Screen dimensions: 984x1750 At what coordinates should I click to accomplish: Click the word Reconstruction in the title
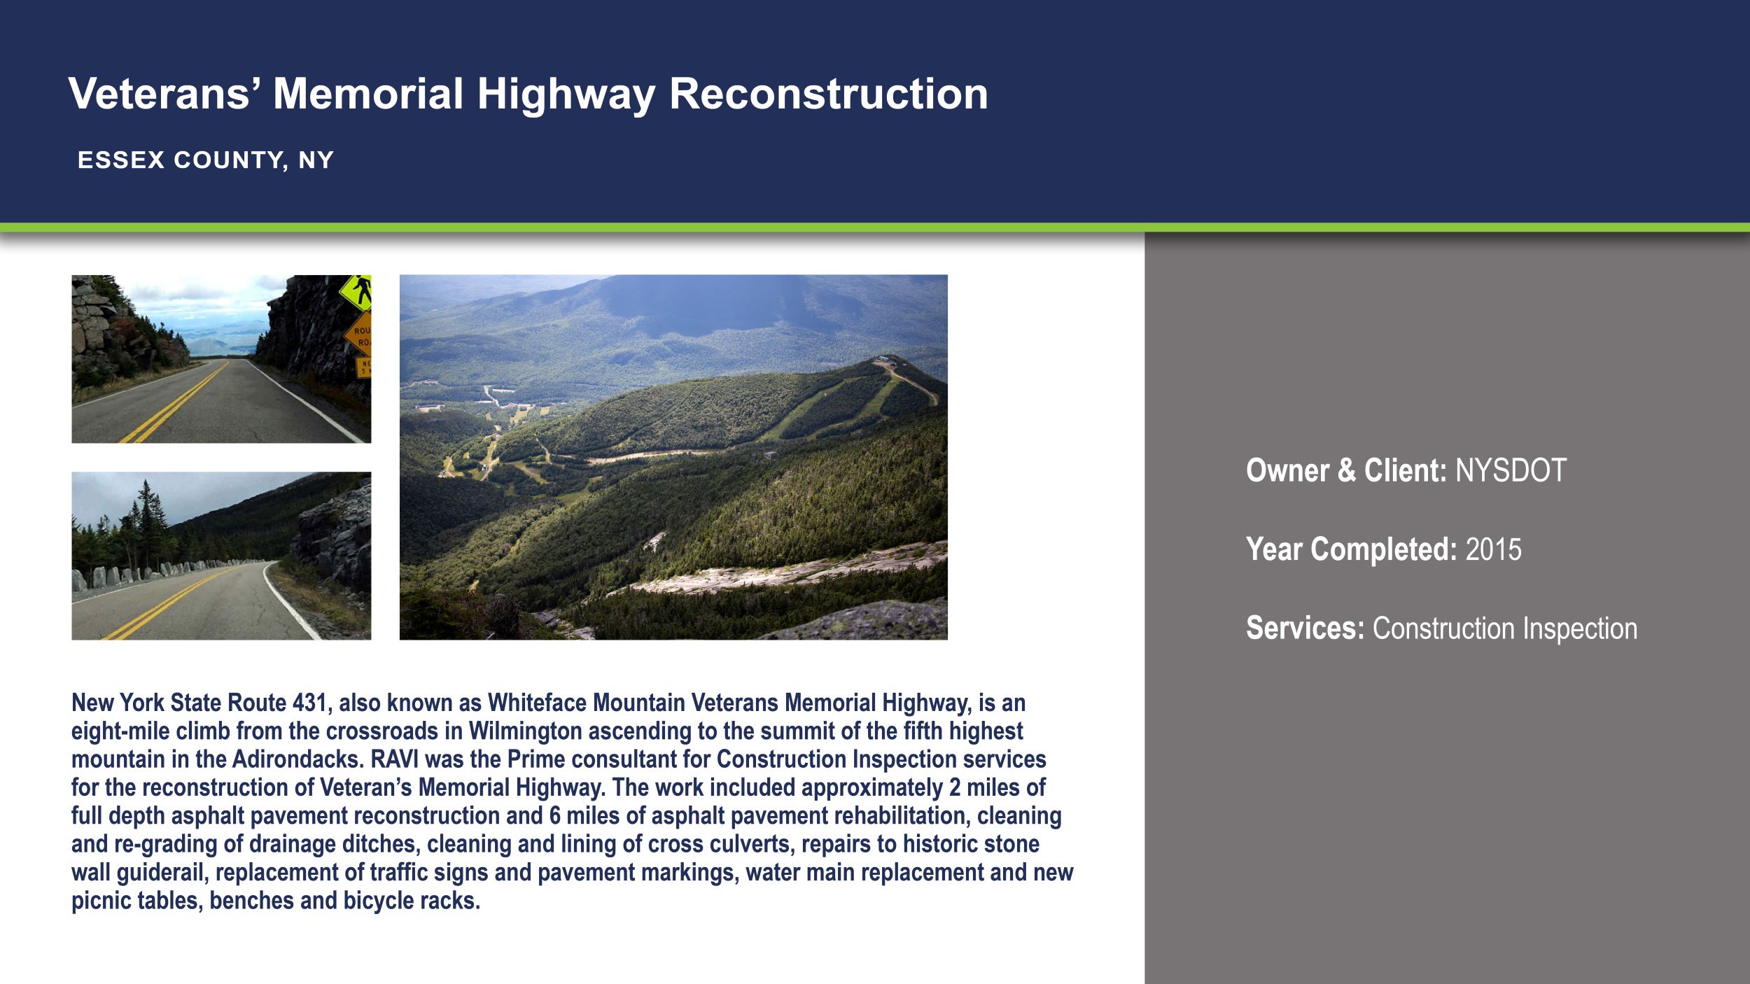pyautogui.click(x=828, y=94)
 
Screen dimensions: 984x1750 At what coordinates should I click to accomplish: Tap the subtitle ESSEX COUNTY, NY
pyautogui.click(x=206, y=160)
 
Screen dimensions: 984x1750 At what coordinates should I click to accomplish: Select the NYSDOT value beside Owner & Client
pyautogui.click(x=1511, y=470)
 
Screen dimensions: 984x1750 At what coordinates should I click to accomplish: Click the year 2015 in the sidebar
pyautogui.click(x=1493, y=549)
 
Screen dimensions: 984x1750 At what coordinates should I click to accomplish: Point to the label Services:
pyautogui.click(x=1305, y=628)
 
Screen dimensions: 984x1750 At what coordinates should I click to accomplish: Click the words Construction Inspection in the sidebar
pyautogui.click(x=1504, y=628)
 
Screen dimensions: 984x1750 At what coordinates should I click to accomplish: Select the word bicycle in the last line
pyautogui.click(x=378, y=901)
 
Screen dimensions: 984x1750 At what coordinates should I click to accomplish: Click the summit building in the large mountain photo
pyautogui.click(x=886, y=360)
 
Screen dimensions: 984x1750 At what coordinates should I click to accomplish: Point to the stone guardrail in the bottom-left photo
pyautogui.click(x=140, y=575)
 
